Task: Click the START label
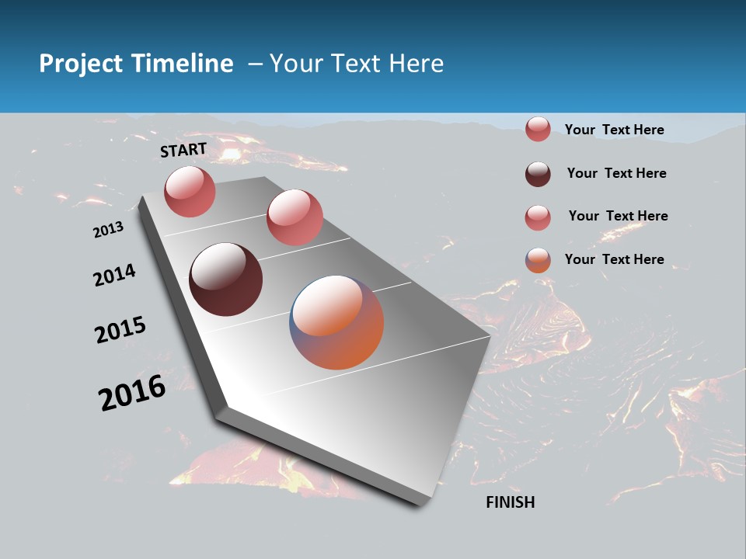(x=183, y=150)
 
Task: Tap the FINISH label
(x=510, y=502)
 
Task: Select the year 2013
(x=109, y=230)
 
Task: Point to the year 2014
(x=115, y=276)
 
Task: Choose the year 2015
(x=120, y=330)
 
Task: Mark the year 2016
(x=132, y=392)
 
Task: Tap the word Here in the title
(x=417, y=64)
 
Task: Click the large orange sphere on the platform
(x=336, y=322)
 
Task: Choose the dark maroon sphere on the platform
(x=226, y=279)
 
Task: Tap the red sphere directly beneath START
(x=190, y=192)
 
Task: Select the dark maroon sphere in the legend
(x=538, y=174)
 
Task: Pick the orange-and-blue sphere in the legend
(x=538, y=260)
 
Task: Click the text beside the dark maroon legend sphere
(x=616, y=173)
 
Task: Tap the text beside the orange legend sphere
(x=614, y=259)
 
